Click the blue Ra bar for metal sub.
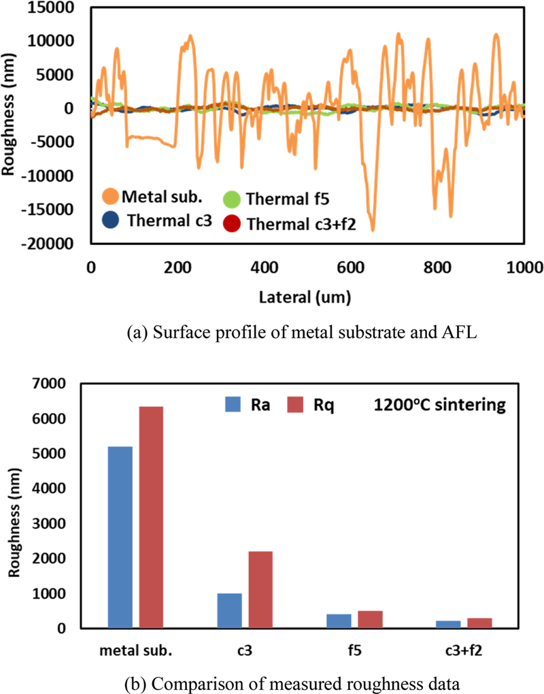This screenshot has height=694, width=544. (x=120, y=537)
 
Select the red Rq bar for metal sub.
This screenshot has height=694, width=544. (x=151, y=517)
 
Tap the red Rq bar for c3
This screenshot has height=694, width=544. (x=260, y=589)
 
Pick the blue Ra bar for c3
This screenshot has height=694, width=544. (x=229, y=610)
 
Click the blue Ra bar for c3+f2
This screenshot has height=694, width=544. (x=447, y=624)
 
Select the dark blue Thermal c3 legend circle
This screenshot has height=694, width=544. (x=111, y=220)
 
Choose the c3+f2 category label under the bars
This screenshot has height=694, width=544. (x=462, y=648)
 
